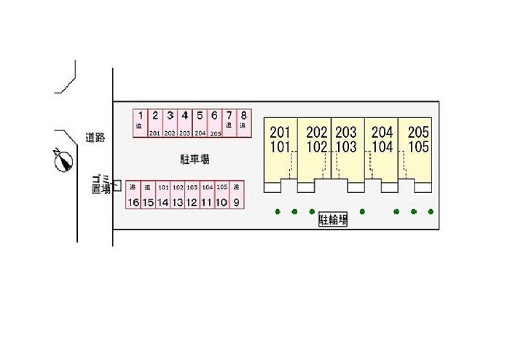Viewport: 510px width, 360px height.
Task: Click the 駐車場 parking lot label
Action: [195, 158]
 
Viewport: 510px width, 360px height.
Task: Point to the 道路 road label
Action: [95, 136]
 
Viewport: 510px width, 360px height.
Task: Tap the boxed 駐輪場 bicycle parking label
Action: [333, 219]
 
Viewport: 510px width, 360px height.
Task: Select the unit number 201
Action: [280, 133]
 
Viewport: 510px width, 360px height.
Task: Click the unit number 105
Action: [418, 146]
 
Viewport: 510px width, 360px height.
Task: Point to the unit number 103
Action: [346, 146]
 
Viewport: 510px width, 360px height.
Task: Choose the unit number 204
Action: [382, 133]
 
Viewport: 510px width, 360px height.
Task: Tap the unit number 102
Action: [317, 146]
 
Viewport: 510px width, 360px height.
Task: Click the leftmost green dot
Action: [278, 212]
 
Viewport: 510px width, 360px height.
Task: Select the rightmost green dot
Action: [431, 212]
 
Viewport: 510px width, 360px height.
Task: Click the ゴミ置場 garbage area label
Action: [101, 184]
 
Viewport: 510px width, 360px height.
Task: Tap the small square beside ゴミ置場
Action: [117, 186]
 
